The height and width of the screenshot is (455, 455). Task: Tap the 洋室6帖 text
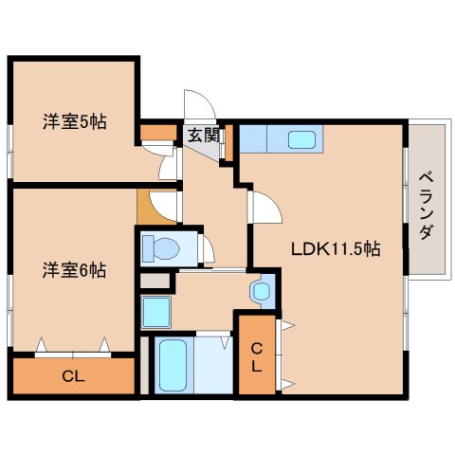(x=73, y=269)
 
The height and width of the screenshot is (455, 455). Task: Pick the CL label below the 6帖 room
(x=73, y=376)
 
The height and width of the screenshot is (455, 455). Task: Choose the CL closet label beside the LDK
(x=256, y=356)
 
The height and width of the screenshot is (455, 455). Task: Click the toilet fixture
(x=163, y=249)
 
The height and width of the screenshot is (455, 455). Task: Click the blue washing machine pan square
(x=155, y=310)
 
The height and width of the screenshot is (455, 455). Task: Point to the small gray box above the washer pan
(x=155, y=281)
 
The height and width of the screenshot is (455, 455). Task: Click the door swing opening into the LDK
(x=262, y=205)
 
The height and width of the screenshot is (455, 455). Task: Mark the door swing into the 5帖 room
(x=169, y=163)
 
